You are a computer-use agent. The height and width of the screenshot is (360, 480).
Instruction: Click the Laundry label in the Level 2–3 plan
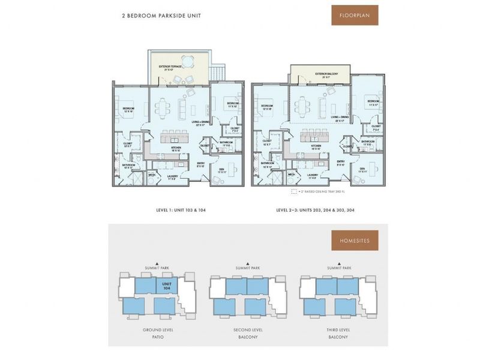tap(313, 175)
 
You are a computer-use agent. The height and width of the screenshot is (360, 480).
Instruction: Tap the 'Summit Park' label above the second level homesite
tap(248, 267)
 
